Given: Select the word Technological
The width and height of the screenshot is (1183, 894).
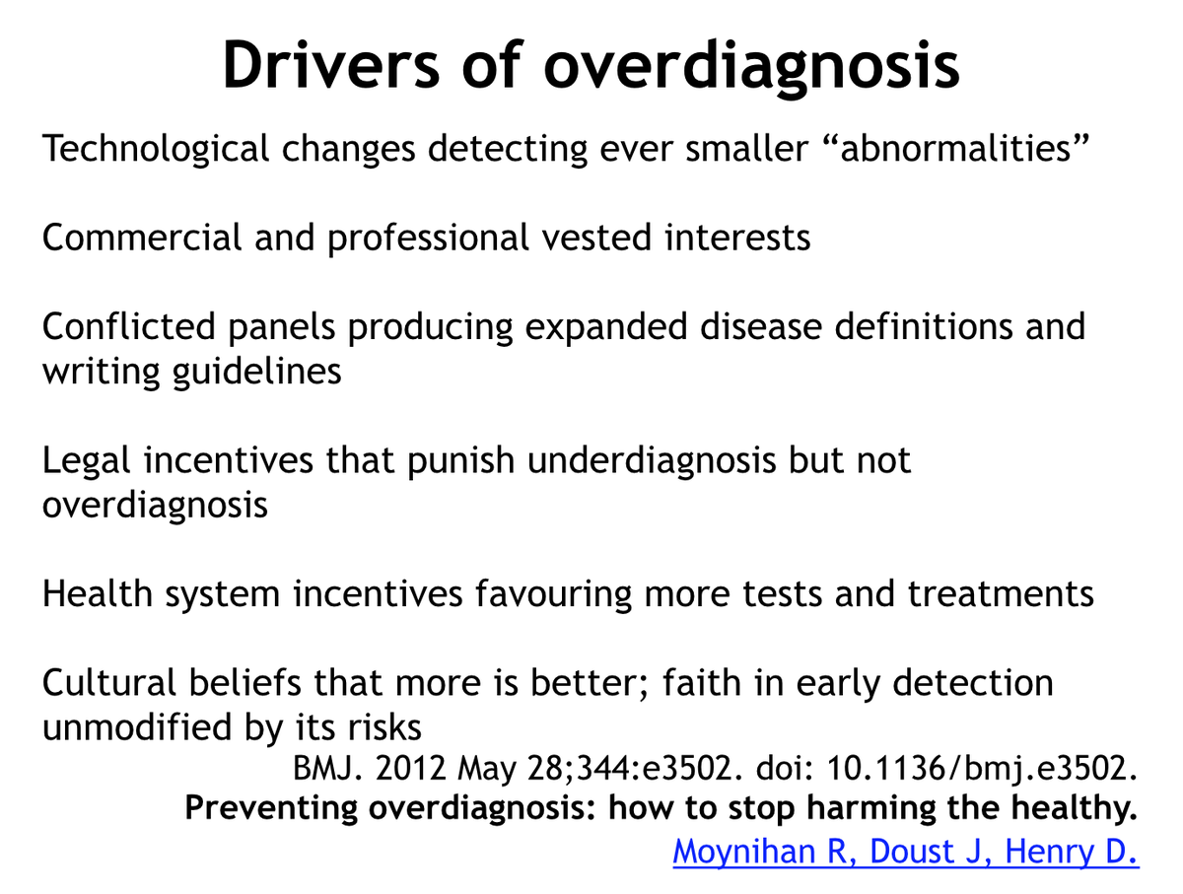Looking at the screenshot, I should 156,149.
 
